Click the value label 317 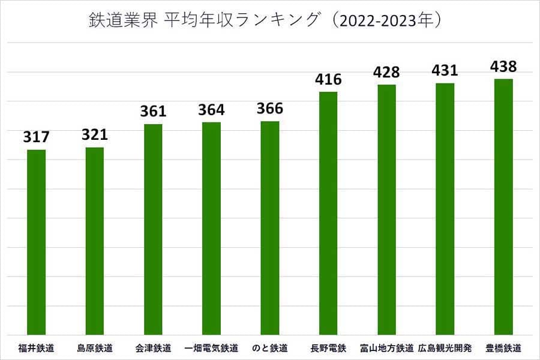click(37, 137)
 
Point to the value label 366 click(270, 109)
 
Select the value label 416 click(328, 79)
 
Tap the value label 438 click(503, 66)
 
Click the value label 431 click(445, 70)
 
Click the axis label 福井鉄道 click(37, 348)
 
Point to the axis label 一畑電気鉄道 click(211, 348)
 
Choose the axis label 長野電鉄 click(328, 348)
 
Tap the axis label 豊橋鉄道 click(503, 348)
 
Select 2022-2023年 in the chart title click(389, 22)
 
